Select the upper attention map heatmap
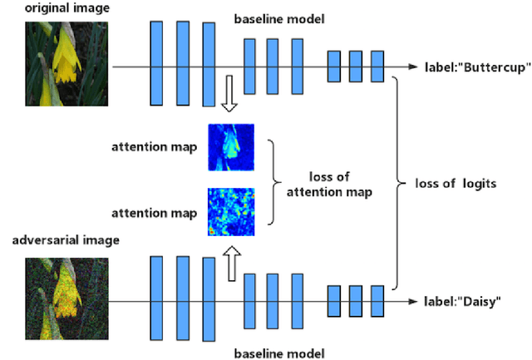pos(232,147)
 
